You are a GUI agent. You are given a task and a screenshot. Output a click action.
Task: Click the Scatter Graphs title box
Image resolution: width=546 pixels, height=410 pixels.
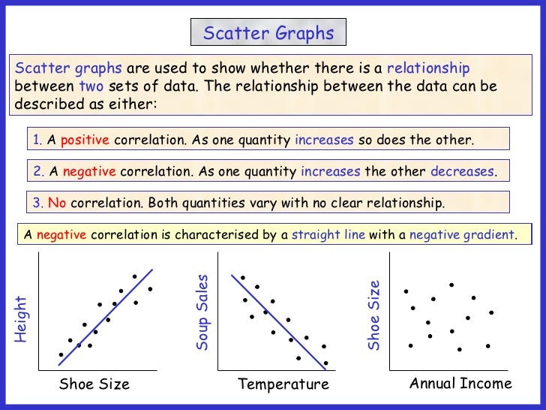click(268, 33)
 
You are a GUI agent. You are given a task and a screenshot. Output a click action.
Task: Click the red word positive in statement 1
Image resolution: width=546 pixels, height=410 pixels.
click(85, 140)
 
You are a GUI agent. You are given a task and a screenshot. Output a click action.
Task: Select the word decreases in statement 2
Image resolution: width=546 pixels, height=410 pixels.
click(462, 171)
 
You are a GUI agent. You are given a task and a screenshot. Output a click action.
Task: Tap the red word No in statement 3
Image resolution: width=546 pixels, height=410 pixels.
click(56, 203)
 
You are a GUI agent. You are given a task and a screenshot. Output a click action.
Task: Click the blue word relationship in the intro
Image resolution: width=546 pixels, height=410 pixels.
click(427, 68)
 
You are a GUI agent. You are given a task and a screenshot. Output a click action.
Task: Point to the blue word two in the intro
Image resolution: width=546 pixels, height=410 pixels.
click(89, 86)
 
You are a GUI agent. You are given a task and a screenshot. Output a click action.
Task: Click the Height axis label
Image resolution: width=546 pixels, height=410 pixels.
click(21, 319)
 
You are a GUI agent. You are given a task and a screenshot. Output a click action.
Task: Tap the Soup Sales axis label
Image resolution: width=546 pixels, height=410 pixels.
click(202, 312)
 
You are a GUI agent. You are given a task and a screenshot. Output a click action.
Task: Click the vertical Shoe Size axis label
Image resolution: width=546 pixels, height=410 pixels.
click(373, 315)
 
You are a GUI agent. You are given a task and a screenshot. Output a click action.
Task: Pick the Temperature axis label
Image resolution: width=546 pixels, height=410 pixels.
click(283, 384)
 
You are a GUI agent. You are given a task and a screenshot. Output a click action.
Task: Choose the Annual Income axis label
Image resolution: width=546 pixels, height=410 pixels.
click(460, 384)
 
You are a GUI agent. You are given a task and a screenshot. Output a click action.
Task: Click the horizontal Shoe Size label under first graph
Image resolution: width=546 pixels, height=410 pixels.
click(94, 384)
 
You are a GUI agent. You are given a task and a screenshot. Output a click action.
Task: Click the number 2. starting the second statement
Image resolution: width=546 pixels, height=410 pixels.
click(39, 171)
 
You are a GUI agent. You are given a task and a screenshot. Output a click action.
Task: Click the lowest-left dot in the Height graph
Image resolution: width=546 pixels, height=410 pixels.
click(61, 354)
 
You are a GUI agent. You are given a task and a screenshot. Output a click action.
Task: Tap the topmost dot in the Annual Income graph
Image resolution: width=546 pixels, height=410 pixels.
click(451, 285)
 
